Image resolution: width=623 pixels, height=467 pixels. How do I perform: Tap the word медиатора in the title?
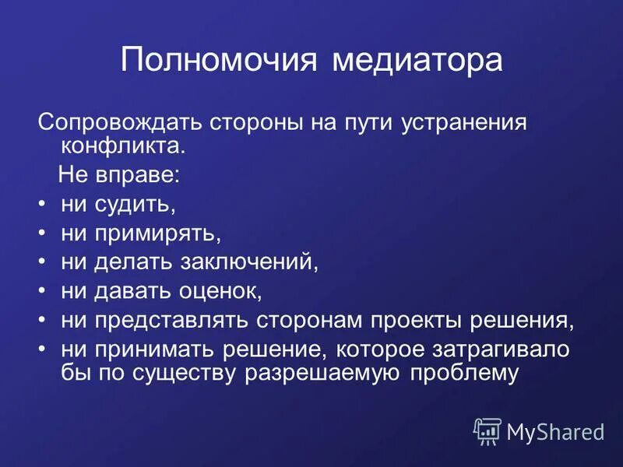coord(417,61)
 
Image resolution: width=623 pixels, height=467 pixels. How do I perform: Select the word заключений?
coord(250,262)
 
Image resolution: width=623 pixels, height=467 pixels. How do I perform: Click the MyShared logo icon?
coord(487,430)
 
